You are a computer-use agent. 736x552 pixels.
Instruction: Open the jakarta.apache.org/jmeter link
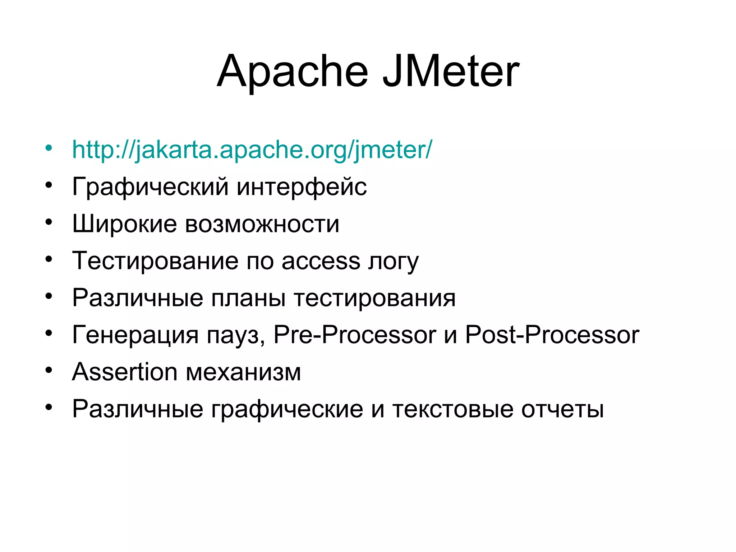pos(252,149)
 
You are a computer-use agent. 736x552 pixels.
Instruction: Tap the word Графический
pos(150,187)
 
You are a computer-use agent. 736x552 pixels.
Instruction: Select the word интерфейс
pos(302,187)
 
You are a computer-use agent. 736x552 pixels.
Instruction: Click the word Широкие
pos(124,224)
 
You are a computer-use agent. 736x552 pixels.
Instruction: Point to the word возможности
pos(262,224)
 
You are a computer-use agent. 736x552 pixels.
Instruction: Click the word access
pos(321,261)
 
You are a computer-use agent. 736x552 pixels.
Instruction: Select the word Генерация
pos(135,335)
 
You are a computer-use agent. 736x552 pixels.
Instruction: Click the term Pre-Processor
pos(355,335)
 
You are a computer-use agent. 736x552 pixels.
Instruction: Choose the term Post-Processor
pos(552,335)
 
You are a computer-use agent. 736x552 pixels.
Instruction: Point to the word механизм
pos(243,372)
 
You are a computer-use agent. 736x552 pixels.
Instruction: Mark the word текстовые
pos(452,409)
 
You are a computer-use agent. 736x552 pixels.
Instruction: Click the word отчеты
pos(562,409)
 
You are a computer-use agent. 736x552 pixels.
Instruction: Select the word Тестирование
pos(155,261)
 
